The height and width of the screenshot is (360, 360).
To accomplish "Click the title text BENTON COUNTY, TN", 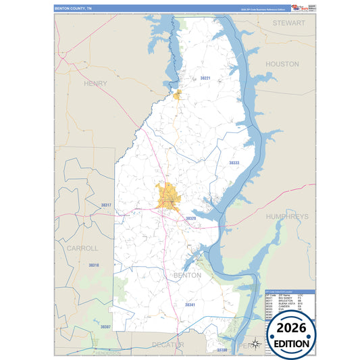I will pyautogui.click(x=74, y=8).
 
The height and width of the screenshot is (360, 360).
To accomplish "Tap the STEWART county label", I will pyautogui.click(x=289, y=22).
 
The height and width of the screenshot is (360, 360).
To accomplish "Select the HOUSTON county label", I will pyautogui.click(x=282, y=63).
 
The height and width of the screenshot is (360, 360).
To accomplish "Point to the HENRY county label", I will pyautogui.click(x=95, y=83).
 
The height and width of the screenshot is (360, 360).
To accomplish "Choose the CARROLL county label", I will pyautogui.click(x=82, y=248).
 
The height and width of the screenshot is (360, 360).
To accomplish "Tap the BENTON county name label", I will pyautogui.click(x=187, y=276).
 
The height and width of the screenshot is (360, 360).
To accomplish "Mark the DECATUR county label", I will pyautogui.click(x=168, y=344).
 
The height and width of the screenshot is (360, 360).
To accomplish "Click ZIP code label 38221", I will pyautogui.click(x=205, y=79).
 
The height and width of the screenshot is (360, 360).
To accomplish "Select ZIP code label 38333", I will pyautogui.click(x=234, y=163).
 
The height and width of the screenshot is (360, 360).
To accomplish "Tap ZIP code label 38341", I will pyautogui.click(x=190, y=305).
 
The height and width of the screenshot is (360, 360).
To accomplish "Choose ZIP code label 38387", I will pyautogui.click(x=105, y=327).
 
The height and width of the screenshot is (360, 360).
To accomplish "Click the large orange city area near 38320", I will pyautogui.click(x=168, y=197).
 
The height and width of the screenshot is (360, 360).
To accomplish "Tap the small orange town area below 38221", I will pyautogui.click(x=178, y=95).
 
